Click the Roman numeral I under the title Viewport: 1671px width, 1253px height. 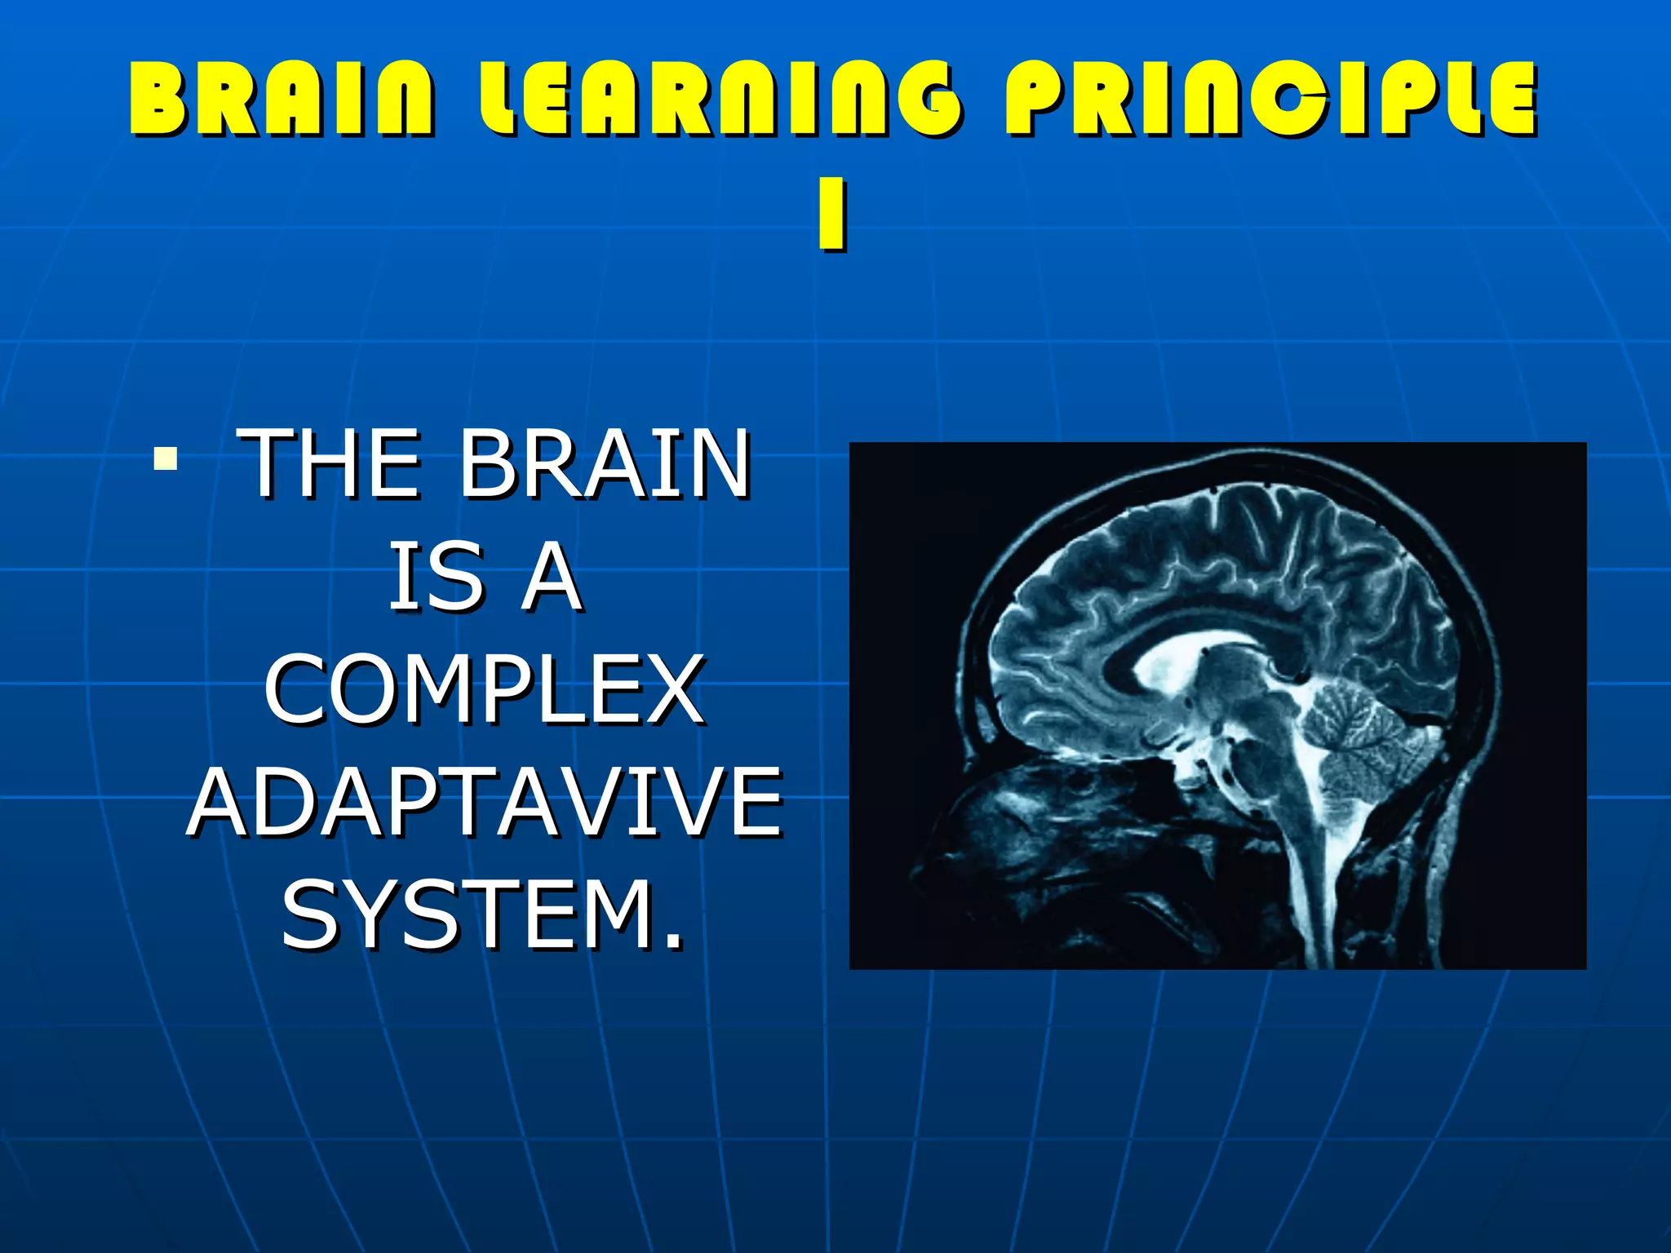[832, 216]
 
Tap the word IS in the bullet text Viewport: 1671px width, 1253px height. [437, 578]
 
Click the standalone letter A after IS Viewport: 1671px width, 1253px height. [552, 578]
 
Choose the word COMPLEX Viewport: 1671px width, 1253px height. [485, 690]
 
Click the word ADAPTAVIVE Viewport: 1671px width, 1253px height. [485, 804]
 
